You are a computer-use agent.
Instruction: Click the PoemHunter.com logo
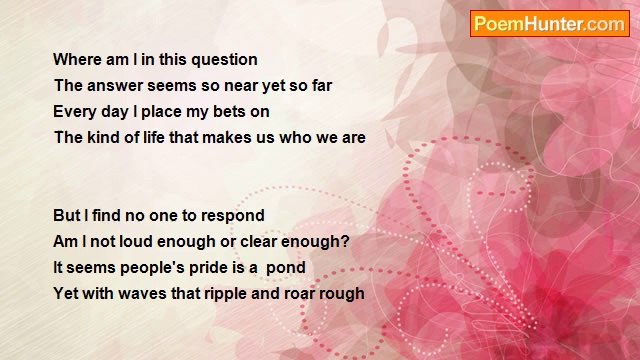point(549,24)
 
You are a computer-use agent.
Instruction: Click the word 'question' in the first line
point(224,60)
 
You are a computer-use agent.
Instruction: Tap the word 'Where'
point(78,59)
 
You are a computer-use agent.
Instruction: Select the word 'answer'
point(115,86)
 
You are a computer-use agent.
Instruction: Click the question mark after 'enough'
point(345,242)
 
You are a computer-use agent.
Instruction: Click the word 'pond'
point(286,268)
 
